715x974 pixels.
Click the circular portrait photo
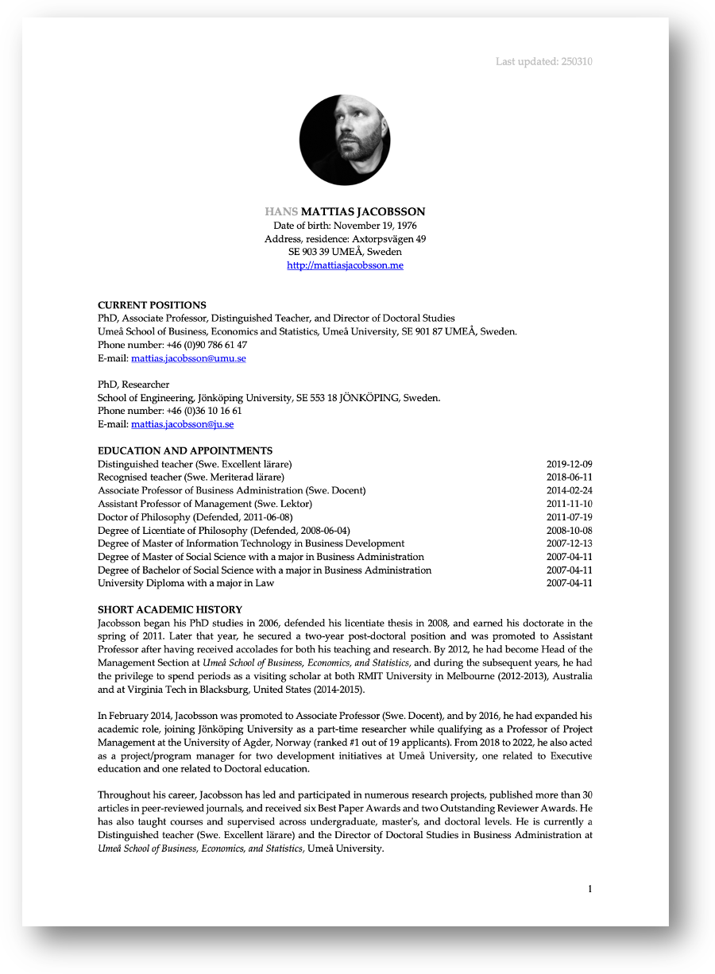345,140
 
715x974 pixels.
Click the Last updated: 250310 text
543,62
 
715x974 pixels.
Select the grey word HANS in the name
282,212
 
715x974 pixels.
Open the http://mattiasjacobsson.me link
345,265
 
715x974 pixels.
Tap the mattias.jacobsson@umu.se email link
188,358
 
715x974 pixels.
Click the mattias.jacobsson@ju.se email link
182,424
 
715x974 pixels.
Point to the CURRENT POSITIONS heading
152,305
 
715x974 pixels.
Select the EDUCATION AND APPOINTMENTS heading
185,450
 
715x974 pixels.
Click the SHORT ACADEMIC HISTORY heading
170,609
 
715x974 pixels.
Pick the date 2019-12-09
569,464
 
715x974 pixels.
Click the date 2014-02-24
569,491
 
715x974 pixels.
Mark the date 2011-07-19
569,517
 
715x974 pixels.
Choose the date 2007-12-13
569,543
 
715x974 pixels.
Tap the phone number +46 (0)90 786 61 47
207,345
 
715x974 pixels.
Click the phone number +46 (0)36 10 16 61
204,411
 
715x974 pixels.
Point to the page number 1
589,889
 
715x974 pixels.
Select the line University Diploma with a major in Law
186,583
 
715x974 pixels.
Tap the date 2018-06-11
569,477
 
